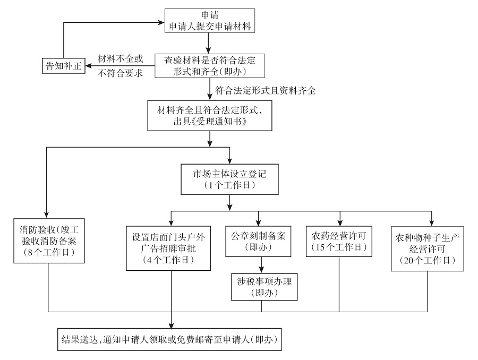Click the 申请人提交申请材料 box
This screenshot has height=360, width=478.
point(210,20)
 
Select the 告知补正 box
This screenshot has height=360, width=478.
point(63,65)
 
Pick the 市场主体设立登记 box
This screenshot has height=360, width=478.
point(229,179)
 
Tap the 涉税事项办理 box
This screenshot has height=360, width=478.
point(261,286)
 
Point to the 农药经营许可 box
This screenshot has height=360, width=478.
point(339,241)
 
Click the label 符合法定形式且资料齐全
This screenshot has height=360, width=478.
point(266,91)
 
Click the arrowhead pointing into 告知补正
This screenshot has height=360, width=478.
point(89,65)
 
